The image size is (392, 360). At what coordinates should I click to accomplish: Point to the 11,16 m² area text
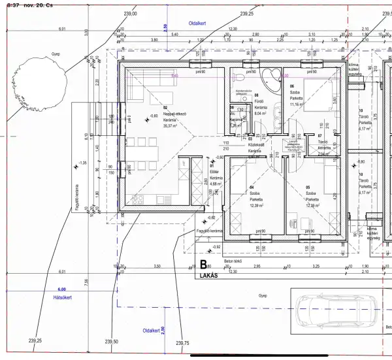point(297,105)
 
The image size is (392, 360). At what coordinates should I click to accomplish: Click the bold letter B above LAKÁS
point(203,265)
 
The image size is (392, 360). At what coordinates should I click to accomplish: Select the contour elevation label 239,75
point(182,343)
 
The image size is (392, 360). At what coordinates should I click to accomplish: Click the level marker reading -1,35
point(83,163)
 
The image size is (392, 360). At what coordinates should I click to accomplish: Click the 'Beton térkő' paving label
point(233,261)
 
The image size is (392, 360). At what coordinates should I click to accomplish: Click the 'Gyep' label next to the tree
point(46,54)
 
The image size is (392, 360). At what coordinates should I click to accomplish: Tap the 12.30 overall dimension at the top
point(232,29)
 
